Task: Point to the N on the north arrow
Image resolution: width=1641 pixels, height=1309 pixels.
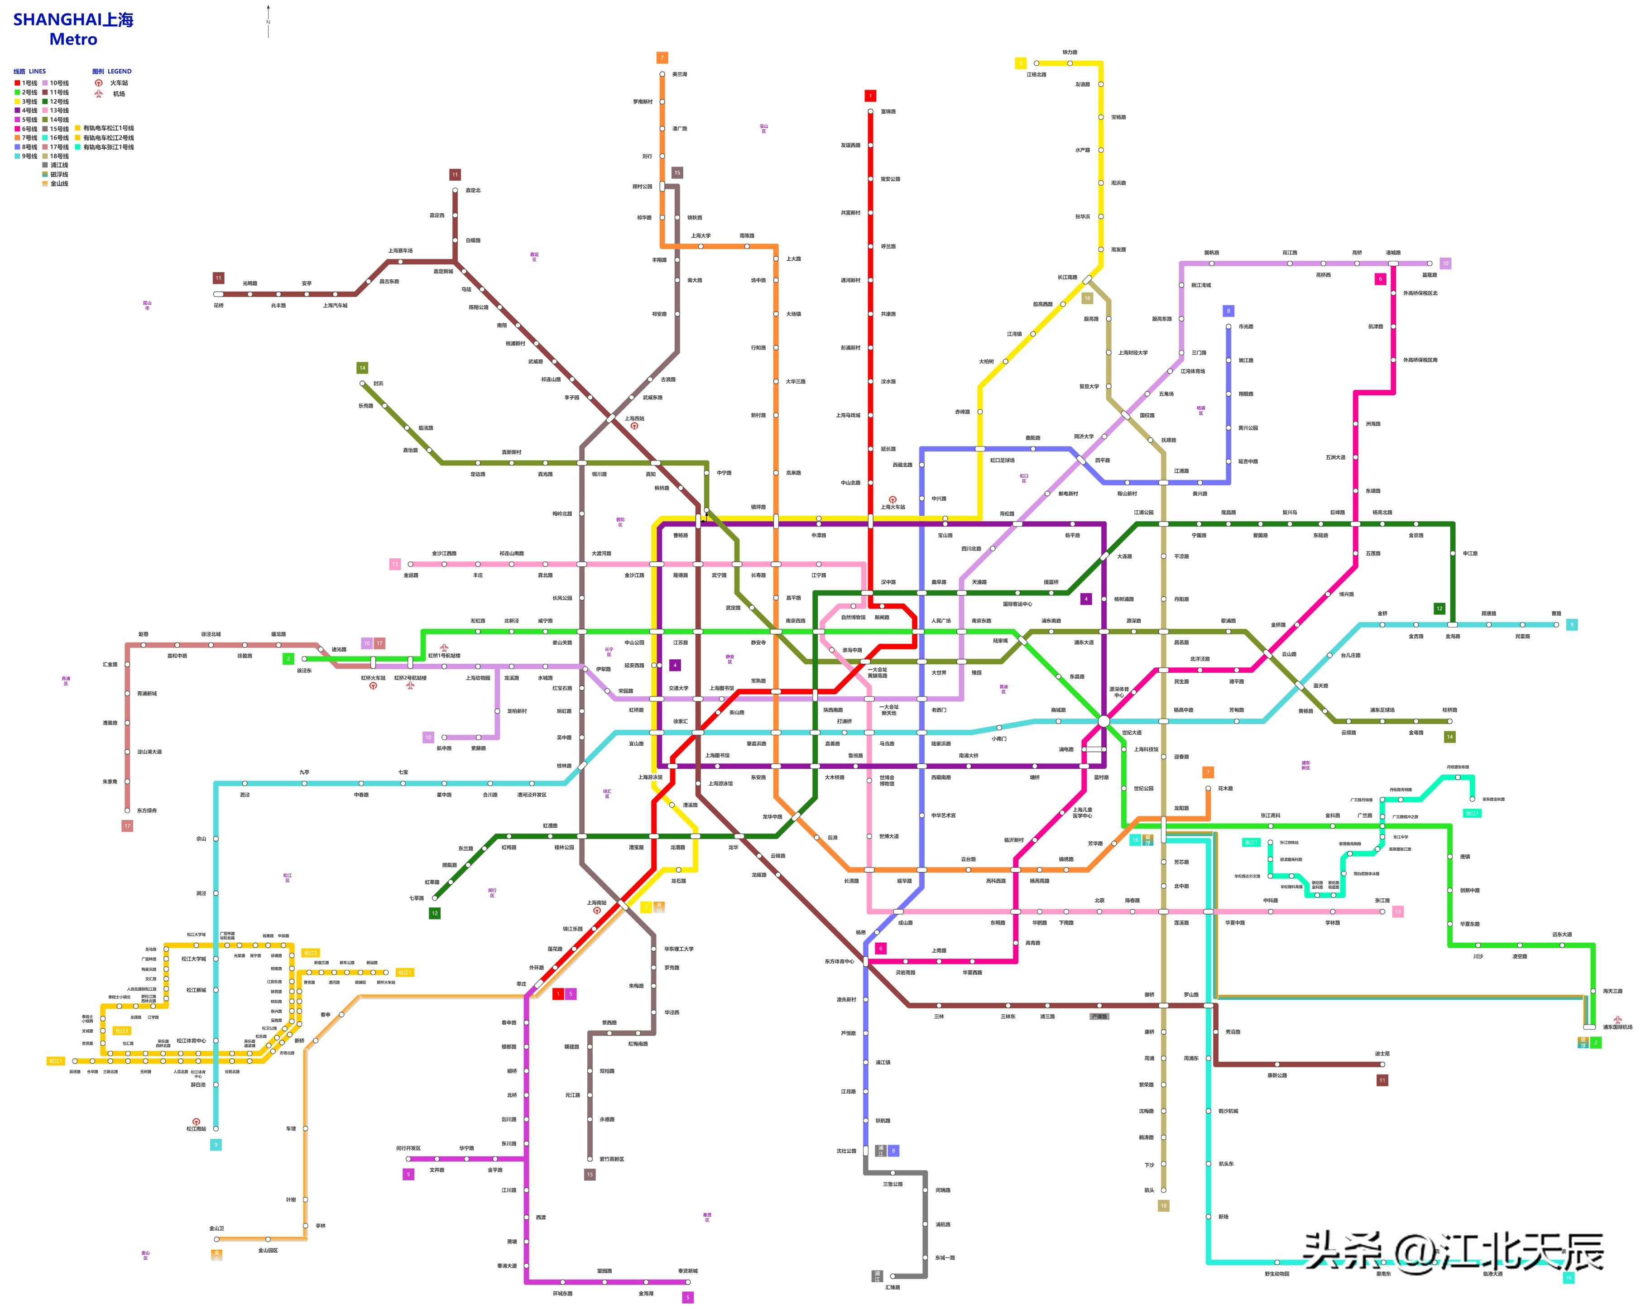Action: [268, 22]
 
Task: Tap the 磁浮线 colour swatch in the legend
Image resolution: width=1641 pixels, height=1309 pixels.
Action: [45, 174]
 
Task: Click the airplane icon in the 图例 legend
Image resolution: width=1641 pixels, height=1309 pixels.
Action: [98, 94]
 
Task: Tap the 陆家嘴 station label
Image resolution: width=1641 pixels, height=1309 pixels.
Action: [1000, 641]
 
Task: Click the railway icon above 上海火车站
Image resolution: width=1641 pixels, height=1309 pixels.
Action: [893, 500]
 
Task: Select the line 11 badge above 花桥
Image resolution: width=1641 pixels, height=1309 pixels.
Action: [218, 278]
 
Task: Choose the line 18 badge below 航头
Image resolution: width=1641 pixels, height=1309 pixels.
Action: [1163, 1205]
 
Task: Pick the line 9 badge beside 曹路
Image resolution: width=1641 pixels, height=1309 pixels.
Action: [1572, 625]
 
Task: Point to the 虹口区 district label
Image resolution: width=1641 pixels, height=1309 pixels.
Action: [1024, 478]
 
